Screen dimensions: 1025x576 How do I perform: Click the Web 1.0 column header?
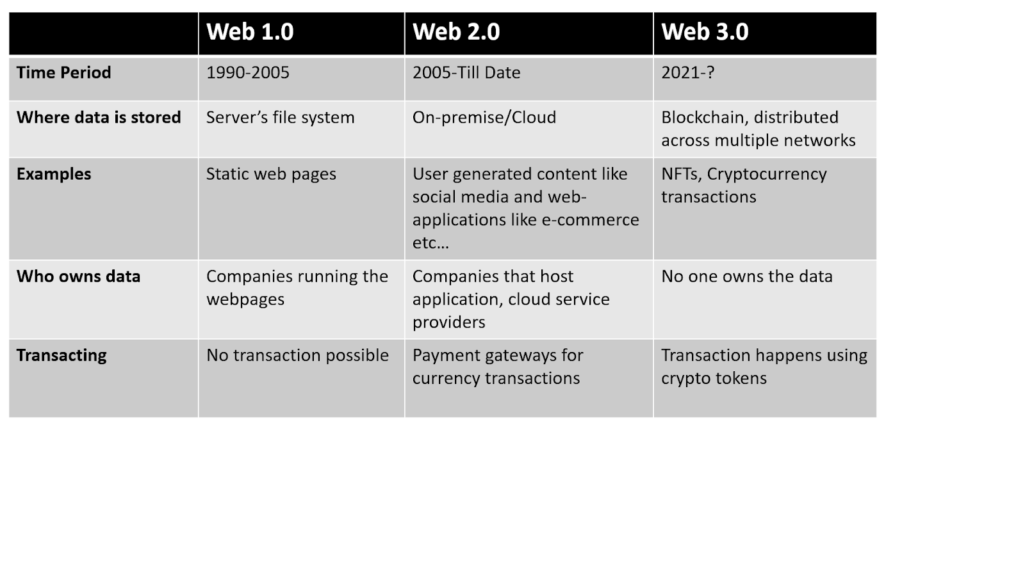click(x=250, y=31)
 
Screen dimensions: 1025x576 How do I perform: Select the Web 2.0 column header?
click(x=456, y=31)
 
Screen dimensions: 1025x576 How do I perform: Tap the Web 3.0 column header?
click(x=705, y=31)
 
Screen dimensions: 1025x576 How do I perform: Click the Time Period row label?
click(x=63, y=72)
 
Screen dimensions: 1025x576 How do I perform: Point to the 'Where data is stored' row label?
click(x=99, y=117)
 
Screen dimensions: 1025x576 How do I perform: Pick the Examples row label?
click(x=54, y=174)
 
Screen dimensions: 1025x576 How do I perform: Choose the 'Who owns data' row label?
click(x=78, y=276)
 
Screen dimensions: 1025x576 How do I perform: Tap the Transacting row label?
click(x=61, y=356)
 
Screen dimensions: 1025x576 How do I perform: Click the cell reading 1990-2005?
click(x=247, y=72)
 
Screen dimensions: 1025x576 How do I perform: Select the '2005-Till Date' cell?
click(x=466, y=72)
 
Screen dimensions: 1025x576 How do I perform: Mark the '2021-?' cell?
click(x=687, y=72)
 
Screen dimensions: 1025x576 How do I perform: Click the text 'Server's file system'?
click(x=280, y=118)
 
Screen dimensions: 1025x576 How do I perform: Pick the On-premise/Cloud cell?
click(x=484, y=118)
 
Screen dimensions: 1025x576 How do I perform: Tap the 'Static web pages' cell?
click(x=271, y=174)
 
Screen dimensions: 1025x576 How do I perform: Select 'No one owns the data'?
click(x=747, y=276)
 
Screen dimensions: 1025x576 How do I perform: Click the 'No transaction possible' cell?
click(x=297, y=355)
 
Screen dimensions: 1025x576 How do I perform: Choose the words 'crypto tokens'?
click(x=714, y=378)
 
